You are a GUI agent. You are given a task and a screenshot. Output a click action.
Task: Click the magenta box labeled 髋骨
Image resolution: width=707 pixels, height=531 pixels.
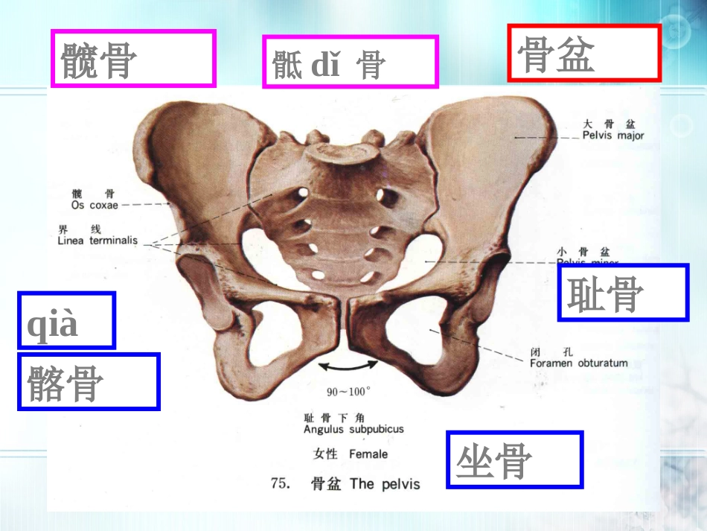tap(133, 59)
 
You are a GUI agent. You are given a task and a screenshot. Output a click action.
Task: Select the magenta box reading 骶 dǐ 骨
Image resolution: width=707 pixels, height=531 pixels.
tap(350, 62)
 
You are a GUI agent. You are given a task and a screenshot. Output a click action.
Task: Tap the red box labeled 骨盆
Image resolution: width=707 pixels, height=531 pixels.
tap(583, 53)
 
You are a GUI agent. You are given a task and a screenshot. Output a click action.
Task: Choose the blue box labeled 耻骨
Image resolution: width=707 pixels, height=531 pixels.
tap(622, 293)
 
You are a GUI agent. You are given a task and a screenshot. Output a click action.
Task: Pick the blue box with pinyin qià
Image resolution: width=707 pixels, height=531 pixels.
tap(66, 320)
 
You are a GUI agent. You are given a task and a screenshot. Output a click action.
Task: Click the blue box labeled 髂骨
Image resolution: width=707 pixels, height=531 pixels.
tap(88, 381)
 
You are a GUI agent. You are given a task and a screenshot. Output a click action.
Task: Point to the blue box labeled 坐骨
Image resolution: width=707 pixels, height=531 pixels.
tap(514, 460)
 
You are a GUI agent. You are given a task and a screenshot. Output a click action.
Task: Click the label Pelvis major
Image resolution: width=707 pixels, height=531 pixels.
tap(613, 136)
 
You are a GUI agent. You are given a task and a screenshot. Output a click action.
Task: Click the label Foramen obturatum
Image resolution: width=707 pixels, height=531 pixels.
tap(578, 363)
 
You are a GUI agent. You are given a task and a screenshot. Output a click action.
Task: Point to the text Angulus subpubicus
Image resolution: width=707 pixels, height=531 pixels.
tap(353, 430)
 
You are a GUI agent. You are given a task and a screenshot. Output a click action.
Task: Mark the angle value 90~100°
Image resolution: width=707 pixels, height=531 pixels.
tap(348, 390)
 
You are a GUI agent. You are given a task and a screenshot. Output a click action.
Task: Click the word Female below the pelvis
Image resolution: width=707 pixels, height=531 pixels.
tap(368, 454)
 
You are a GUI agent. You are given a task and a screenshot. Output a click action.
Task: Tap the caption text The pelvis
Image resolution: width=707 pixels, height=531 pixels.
tap(385, 484)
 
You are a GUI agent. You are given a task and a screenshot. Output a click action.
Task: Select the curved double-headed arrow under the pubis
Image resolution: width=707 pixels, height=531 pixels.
tap(348, 365)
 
